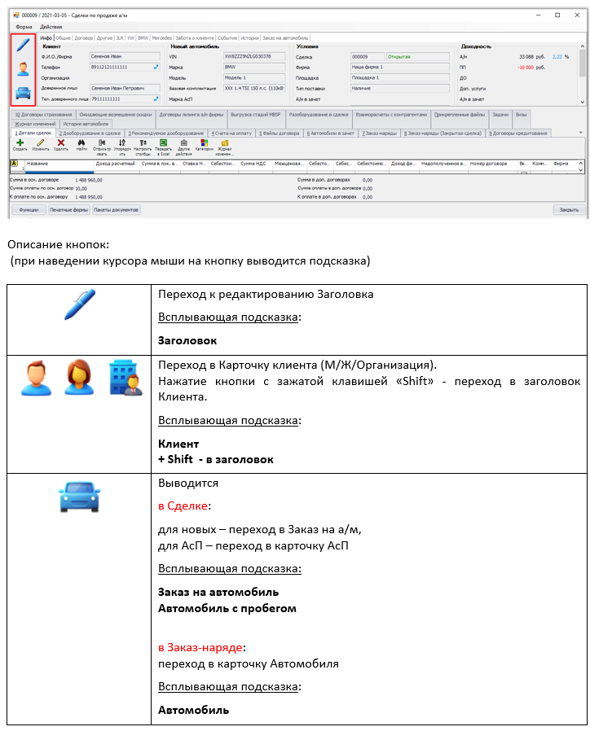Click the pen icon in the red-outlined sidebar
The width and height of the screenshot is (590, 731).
tap(23, 46)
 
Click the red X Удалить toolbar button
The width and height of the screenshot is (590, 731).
tap(60, 144)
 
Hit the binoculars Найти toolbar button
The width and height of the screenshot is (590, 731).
tap(81, 144)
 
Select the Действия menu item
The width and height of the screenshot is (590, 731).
tap(51, 27)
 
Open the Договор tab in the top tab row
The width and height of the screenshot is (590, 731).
tap(84, 37)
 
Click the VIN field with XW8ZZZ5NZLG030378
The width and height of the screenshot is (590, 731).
tap(253, 57)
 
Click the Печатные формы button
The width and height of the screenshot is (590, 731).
tap(68, 209)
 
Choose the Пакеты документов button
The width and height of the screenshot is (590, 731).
tap(117, 209)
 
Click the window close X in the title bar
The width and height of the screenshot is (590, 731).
tap(578, 15)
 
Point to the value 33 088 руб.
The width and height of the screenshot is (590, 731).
tap(531, 57)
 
